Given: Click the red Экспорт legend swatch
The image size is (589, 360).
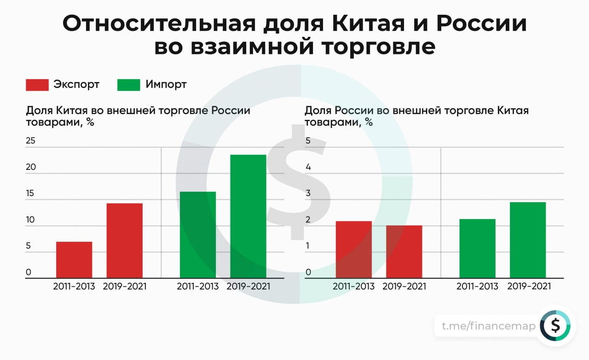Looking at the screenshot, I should click(x=37, y=85).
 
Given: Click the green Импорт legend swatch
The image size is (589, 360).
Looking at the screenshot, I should click(x=129, y=85).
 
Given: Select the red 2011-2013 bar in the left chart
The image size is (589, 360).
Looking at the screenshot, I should click(x=74, y=260).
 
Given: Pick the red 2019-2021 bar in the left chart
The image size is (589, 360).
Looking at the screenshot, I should click(x=124, y=240).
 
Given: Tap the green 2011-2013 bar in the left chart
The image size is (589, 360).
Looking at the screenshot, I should click(x=198, y=235).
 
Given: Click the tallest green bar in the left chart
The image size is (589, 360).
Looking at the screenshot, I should click(x=248, y=216).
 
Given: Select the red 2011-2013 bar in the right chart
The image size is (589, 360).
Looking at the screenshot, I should click(x=353, y=250).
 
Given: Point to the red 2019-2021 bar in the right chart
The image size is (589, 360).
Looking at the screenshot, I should click(x=404, y=251).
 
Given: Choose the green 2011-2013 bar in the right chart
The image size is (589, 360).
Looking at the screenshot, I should click(x=477, y=248).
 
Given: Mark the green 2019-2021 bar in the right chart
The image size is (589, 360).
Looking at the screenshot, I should click(x=528, y=240).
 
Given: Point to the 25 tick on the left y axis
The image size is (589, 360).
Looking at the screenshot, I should click(x=31, y=141).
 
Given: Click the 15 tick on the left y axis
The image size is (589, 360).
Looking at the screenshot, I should click(x=31, y=193).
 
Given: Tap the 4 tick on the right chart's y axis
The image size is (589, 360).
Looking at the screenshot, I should click(x=308, y=167).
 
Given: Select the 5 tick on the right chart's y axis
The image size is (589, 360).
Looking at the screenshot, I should click(x=308, y=141).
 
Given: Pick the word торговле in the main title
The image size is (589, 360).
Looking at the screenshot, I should click(x=359, y=47).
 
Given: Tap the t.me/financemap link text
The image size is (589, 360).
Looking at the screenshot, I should click(x=489, y=326).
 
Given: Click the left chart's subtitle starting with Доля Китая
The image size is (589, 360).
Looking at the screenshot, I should click(x=138, y=116).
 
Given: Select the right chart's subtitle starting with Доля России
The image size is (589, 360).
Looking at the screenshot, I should click(x=416, y=116).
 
